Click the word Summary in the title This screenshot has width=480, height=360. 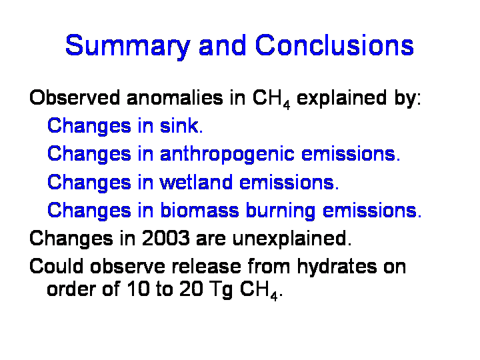tap(128, 47)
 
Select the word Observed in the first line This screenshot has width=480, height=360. tap(75, 97)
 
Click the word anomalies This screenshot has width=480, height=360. tap(175, 97)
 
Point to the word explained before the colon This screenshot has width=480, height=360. tap(341, 99)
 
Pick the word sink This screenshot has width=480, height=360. tap(181, 125)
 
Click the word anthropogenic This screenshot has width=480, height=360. tap(227, 154)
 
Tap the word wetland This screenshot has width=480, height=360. tap(196, 182)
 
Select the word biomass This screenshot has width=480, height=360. tap(199, 210)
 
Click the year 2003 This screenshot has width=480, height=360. tap(165, 238)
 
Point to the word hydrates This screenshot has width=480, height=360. tap(337, 267)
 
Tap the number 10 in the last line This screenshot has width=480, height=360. tap(139, 289)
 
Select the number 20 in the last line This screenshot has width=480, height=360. tap(191, 289)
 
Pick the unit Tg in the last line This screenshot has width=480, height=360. tap(221, 289)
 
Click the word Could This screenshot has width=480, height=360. tap(56, 266)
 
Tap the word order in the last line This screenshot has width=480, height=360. tap(71, 289)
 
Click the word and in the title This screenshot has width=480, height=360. tap(222, 45)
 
